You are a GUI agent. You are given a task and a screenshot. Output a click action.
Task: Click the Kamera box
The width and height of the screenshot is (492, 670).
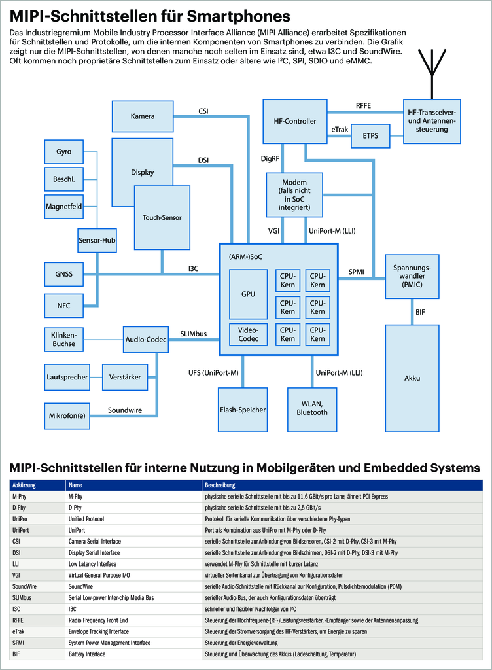point(143,116)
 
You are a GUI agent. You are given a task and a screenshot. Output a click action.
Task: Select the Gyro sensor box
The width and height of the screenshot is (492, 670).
point(63,152)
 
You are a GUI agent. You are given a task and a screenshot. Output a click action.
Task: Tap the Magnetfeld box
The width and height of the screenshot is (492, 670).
point(63,207)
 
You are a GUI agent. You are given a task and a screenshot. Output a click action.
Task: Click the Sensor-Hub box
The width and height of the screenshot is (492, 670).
point(97,241)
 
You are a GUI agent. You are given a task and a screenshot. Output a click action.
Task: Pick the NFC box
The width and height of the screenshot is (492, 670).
point(63,304)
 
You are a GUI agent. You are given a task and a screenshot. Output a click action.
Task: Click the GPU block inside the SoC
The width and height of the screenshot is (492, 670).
point(248,294)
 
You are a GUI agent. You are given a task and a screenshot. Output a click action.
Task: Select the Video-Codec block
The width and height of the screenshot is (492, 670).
point(248,334)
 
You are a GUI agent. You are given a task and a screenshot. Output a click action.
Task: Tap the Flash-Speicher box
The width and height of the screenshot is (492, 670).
point(243,409)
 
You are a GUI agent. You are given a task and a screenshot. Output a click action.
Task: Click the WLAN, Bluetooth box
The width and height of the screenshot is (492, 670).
point(312,409)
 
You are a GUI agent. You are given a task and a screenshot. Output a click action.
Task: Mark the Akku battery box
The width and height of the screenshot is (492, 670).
point(412,378)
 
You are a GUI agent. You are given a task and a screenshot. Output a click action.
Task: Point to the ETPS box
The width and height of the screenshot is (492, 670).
point(370,136)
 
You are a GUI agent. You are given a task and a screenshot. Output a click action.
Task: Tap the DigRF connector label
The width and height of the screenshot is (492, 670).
point(271,158)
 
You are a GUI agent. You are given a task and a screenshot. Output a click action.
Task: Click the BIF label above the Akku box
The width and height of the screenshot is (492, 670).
point(420,313)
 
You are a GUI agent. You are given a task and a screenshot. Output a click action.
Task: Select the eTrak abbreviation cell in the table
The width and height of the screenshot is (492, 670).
point(20,631)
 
